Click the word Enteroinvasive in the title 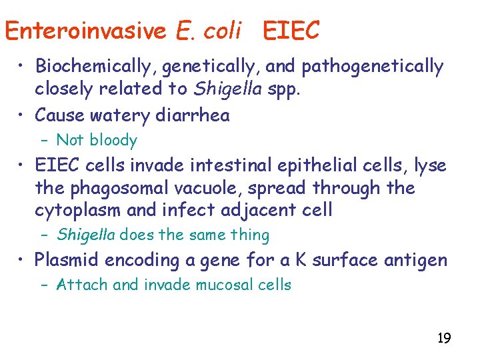click(86, 31)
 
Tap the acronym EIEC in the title click(291, 31)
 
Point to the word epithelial click(319, 165)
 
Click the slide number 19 click(443, 338)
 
